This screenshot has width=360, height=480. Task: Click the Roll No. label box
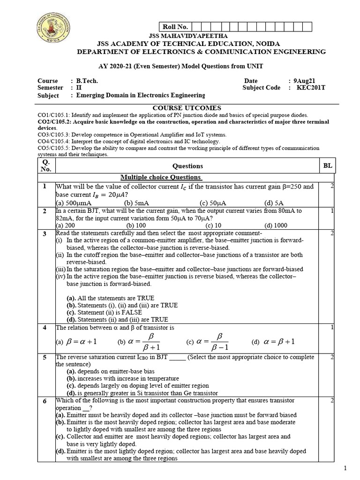coord(172,27)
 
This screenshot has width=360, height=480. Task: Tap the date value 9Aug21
coord(306,80)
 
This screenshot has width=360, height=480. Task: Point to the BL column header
coord(327,165)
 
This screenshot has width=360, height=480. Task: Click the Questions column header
coord(187,166)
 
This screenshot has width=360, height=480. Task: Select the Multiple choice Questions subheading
coord(161,177)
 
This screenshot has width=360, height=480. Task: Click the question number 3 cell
coord(45,233)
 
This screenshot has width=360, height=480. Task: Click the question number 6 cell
coord(45,401)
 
